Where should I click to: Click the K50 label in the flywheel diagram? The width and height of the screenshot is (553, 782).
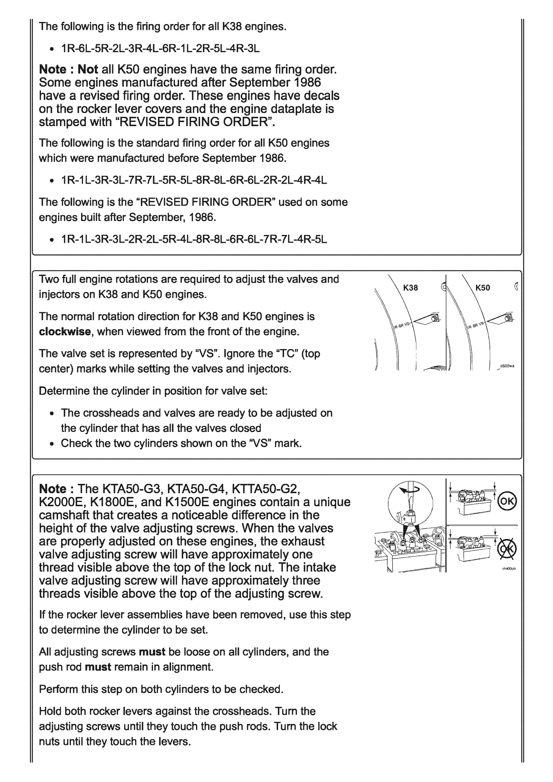483,288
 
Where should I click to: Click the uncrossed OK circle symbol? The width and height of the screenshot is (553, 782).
507,501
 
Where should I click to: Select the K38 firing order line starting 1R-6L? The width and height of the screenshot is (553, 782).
160,49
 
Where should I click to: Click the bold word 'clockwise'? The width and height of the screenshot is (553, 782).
65,331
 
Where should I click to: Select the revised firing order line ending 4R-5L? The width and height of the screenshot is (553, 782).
194,239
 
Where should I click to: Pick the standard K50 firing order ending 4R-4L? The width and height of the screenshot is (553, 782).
194,180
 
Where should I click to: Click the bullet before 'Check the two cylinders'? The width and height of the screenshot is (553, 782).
52,444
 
